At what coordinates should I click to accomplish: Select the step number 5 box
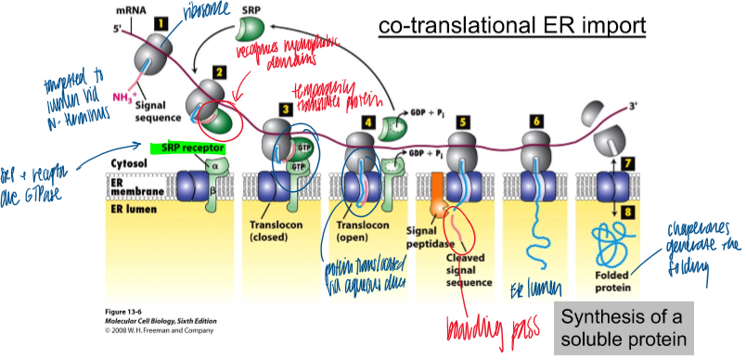click(x=462, y=122)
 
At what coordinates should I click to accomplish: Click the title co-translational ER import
click(x=509, y=25)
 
